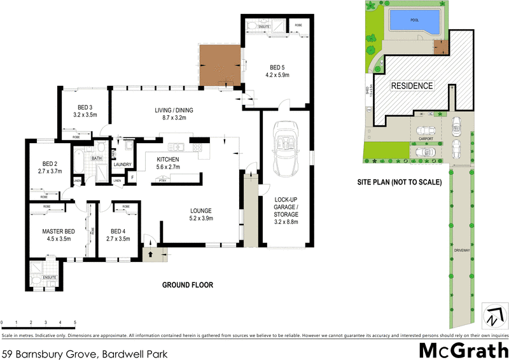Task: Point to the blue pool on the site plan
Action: [414, 23]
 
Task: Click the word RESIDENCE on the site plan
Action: [412, 86]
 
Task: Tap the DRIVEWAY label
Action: [463, 251]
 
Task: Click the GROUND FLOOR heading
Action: [187, 285]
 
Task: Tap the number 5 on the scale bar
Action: [75, 323]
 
